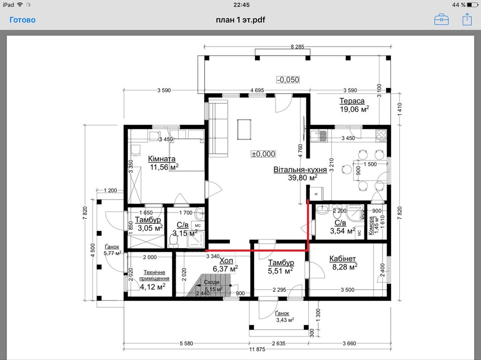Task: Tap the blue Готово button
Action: coord(23,20)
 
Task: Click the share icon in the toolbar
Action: coord(467,19)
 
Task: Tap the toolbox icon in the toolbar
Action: coord(442,20)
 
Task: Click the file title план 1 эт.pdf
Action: coord(240,20)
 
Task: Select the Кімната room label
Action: coord(162,159)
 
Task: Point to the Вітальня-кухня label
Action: coord(300,170)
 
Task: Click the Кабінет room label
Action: coord(342,259)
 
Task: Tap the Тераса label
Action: coord(352,101)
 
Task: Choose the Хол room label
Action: coord(226,261)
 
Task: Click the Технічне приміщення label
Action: coord(154,275)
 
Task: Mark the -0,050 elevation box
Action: coord(288,80)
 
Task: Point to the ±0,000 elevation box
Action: coord(264,154)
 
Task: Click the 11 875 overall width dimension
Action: coord(257,349)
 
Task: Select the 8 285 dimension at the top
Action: coord(298,47)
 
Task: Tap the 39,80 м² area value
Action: coord(303,177)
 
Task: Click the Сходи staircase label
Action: coord(212,282)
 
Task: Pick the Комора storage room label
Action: coord(371,225)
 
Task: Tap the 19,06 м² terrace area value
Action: coord(354,109)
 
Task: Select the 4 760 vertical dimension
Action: coord(300,151)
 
